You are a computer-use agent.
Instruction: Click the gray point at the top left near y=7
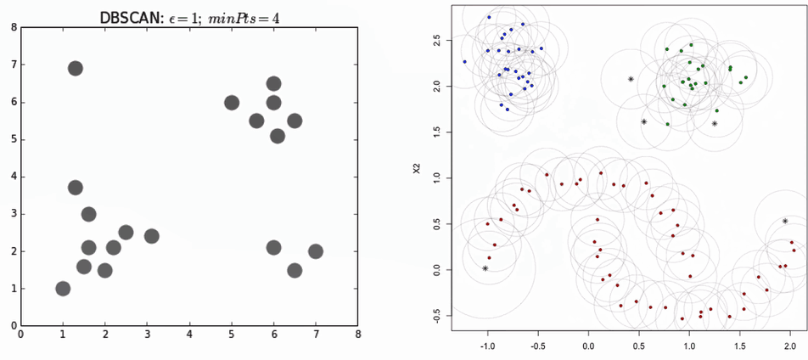pyautogui.click(x=75, y=68)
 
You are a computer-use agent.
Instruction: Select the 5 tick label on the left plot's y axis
pyautogui.click(x=14, y=139)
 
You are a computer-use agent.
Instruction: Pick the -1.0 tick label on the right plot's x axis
pyautogui.click(x=487, y=347)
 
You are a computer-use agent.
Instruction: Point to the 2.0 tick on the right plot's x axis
pyautogui.click(x=789, y=347)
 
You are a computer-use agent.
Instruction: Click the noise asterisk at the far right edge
pyautogui.click(x=785, y=222)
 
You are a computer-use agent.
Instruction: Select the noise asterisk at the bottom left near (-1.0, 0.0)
pyautogui.click(x=485, y=268)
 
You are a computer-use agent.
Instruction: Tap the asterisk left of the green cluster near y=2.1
pyautogui.click(x=631, y=79)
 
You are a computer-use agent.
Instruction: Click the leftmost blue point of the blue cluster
pyautogui.click(x=464, y=62)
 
